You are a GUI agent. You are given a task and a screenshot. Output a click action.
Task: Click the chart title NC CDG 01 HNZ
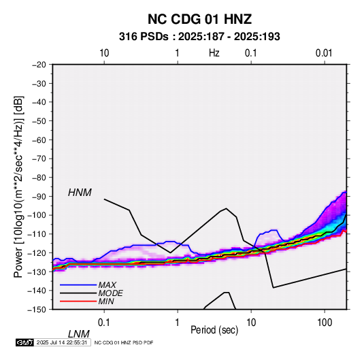point(199,19)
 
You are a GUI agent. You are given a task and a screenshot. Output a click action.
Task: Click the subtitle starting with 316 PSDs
point(199,37)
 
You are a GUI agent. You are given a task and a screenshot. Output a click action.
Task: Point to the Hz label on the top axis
point(214,53)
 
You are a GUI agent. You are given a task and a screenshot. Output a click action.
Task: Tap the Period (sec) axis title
point(214,330)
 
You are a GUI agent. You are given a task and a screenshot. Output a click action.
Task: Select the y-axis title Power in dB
point(18,186)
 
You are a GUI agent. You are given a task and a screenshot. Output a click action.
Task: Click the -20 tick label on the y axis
point(39,65)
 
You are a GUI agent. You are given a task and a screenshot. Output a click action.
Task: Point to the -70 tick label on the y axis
point(39,159)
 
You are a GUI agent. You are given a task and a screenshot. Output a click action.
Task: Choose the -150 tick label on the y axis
point(37,310)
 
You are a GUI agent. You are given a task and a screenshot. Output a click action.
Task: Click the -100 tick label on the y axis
point(37,215)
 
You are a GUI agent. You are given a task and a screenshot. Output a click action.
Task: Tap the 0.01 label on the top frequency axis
point(324,53)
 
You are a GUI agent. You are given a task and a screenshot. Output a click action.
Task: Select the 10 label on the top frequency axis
point(104,53)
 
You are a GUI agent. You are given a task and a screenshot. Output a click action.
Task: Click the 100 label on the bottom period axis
point(325,323)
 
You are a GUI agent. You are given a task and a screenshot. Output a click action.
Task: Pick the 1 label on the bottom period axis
point(178,323)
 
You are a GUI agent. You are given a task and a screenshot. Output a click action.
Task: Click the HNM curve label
point(80,193)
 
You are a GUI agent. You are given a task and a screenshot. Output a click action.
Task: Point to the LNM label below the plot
point(79,334)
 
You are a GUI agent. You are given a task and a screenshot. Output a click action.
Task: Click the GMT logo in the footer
point(24,342)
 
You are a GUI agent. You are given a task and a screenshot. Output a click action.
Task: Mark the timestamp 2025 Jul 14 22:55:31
point(62,342)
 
